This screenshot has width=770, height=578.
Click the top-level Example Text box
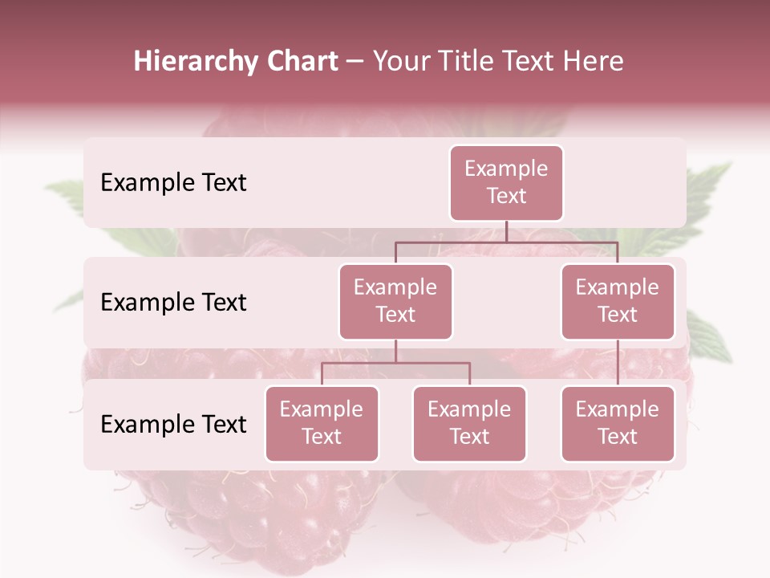click(506, 182)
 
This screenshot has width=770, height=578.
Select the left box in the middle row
click(395, 301)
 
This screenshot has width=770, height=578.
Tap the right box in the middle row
click(618, 301)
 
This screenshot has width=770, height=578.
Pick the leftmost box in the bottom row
click(322, 423)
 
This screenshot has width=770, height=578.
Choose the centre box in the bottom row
click(469, 423)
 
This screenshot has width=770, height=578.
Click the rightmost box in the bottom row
click(618, 423)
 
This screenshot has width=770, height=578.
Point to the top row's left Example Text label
click(173, 182)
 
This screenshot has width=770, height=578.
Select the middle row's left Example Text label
click(173, 302)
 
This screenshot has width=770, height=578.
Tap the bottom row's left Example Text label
click(173, 424)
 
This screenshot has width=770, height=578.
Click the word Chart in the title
click(301, 61)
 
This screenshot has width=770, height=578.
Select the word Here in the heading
click(594, 61)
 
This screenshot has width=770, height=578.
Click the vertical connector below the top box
click(506, 231)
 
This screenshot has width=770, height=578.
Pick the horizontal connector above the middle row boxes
click(506, 242)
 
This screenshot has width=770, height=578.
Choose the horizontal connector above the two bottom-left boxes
click(395, 363)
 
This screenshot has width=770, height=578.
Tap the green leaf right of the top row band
click(710, 185)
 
